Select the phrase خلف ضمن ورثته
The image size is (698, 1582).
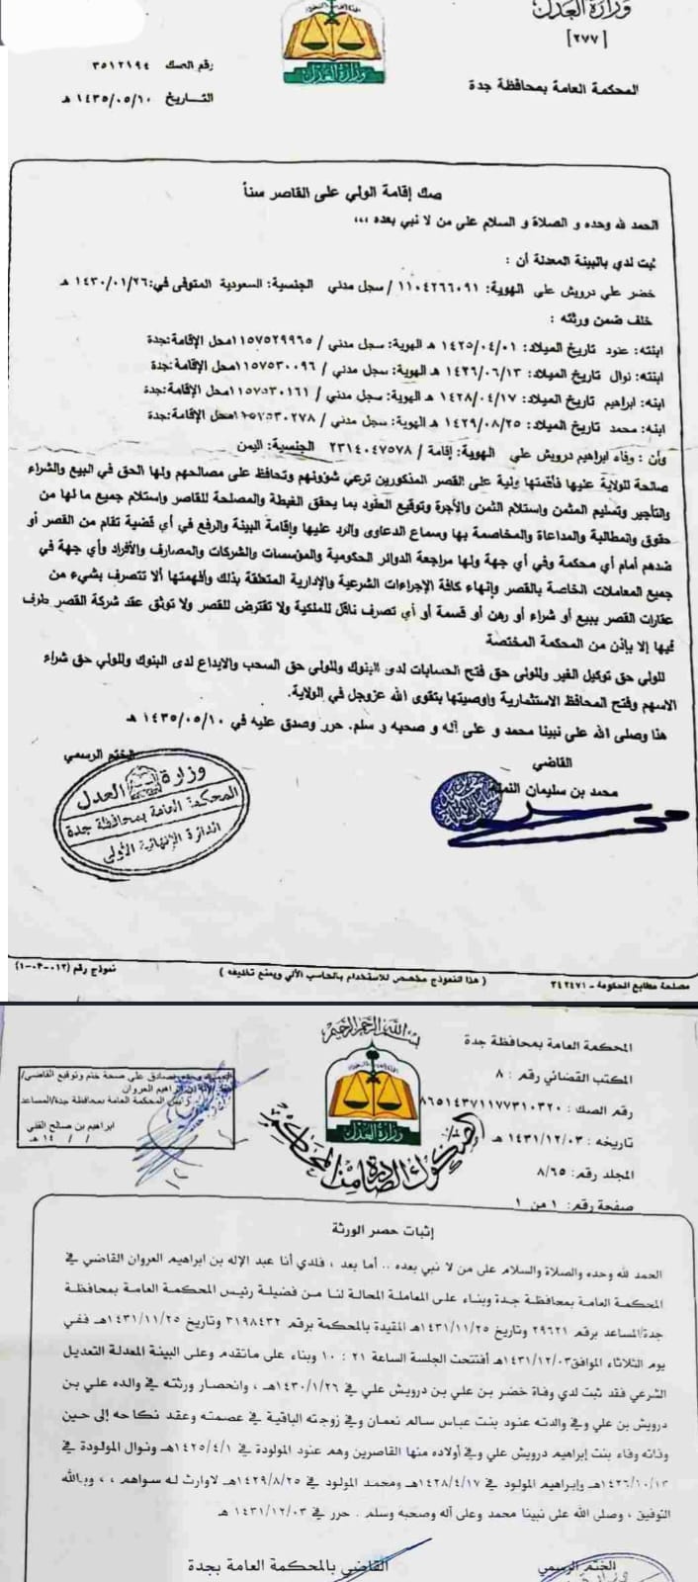[605, 320]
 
